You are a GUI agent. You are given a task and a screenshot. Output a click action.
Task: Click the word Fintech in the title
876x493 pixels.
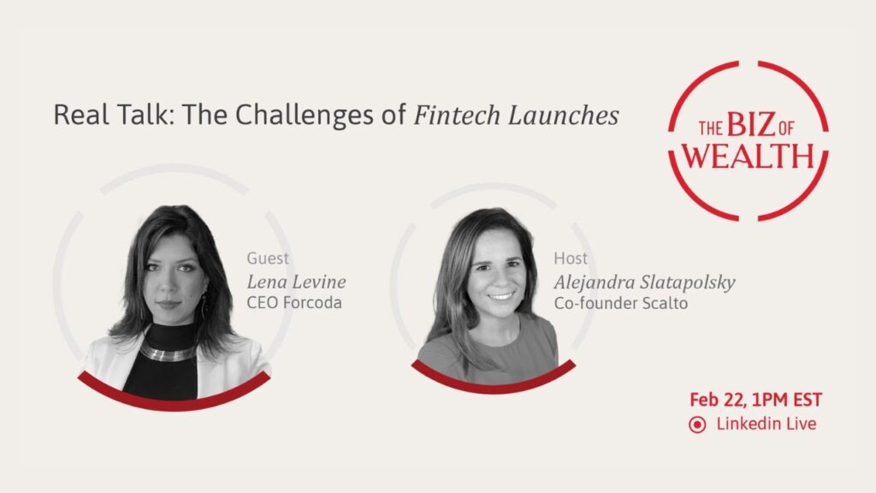click(457, 116)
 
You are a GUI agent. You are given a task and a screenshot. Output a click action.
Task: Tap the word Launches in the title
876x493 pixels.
click(563, 116)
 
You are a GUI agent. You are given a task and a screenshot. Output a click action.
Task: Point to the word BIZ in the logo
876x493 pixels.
click(751, 125)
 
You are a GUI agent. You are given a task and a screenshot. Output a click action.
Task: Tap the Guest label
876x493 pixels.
click(268, 258)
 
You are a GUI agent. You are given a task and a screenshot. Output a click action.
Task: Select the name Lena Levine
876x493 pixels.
click(296, 281)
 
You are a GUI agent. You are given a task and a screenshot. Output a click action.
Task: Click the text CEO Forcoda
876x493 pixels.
click(294, 302)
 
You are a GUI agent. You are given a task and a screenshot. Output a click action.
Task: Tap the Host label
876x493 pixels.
click(571, 258)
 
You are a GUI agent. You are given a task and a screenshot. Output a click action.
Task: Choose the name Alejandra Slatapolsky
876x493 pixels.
click(645, 282)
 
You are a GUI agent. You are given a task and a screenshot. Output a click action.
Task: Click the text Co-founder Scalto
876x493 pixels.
click(621, 303)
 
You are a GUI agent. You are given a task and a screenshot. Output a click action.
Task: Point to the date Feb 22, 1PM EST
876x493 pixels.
click(755, 400)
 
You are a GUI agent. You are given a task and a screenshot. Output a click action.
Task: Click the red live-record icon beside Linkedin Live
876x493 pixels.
click(697, 425)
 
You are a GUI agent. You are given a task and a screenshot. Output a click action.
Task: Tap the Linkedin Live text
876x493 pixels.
click(766, 424)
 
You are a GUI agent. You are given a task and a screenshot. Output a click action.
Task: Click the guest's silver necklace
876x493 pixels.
click(168, 353)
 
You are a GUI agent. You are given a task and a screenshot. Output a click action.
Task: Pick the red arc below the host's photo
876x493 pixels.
click(494, 381)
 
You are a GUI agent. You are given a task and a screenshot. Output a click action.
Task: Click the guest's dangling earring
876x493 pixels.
click(204, 305)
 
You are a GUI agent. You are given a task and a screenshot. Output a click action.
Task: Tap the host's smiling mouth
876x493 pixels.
click(500, 296)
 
